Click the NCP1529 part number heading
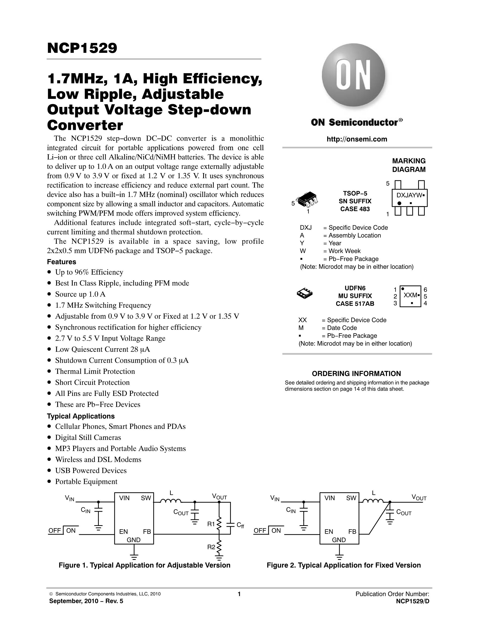click(82, 48)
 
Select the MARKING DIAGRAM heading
click(409, 165)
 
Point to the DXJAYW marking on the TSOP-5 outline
click(408, 195)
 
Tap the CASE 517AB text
click(355, 304)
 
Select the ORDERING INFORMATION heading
click(356, 374)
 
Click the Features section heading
click(62, 262)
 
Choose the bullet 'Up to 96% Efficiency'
click(89, 272)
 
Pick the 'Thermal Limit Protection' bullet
click(95, 371)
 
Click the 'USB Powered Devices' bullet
click(91, 470)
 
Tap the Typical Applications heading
click(81, 416)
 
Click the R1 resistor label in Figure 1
click(211, 524)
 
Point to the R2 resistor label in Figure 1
click(211, 547)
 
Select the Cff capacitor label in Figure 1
click(240, 525)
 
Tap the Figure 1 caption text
click(144, 565)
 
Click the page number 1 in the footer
click(239, 594)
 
